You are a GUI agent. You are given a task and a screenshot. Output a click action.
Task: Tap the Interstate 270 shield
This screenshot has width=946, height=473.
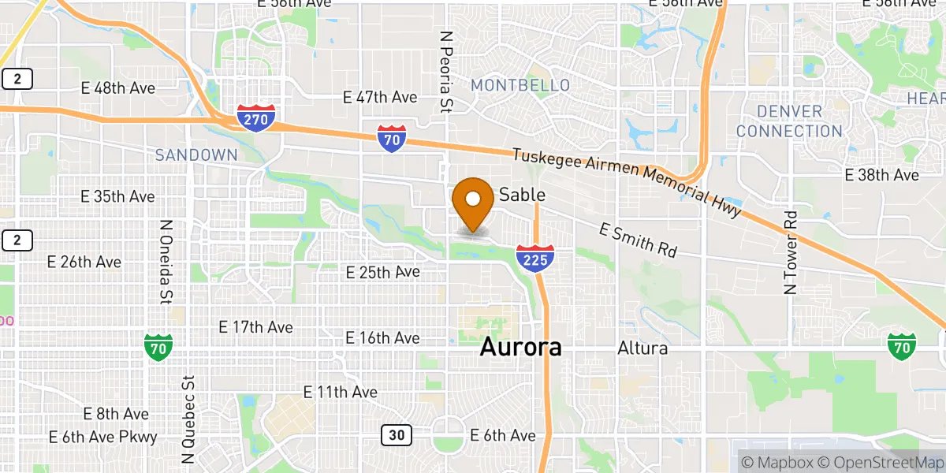tap(256, 117)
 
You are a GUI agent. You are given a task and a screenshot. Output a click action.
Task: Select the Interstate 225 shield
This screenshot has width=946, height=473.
tap(535, 258)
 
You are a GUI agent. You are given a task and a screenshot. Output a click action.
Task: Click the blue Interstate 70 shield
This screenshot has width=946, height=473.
tap(392, 138)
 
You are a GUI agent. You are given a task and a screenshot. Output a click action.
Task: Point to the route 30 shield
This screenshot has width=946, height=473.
tap(396, 434)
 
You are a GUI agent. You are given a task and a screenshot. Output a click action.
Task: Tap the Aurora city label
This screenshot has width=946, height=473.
tap(521, 347)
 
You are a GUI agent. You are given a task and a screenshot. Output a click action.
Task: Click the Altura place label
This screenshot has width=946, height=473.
tap(643, 348)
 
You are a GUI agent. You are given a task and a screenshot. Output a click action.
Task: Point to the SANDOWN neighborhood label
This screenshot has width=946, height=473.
tap(196, 155)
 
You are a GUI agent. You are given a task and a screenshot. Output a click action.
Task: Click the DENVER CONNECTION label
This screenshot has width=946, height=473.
tap(789, 121)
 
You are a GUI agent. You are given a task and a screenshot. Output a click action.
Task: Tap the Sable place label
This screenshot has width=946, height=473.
tap(522, 195)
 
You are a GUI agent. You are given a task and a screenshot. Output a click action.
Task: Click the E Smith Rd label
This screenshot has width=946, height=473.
tap(638, 240)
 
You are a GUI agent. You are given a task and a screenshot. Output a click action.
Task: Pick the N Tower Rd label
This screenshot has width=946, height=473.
tap(791, 252)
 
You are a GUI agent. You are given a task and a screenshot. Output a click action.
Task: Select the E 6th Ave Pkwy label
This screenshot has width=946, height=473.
tap(102, 437)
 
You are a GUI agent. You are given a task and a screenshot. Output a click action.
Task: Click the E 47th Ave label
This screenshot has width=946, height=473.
tap(379, 98)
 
